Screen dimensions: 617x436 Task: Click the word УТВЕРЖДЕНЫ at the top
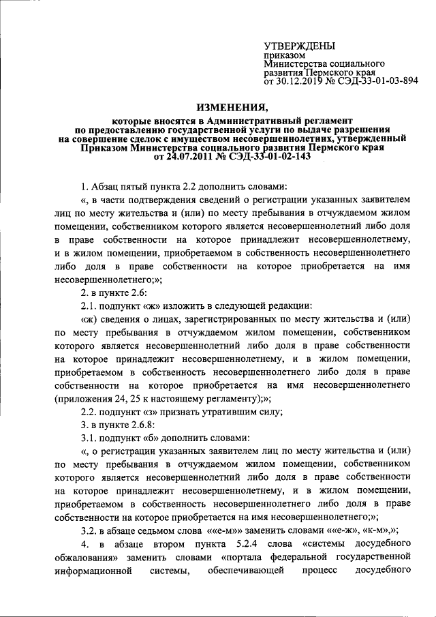coord(299,46)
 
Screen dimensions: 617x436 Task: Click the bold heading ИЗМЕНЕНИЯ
coord(232,107)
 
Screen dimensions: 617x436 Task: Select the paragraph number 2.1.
coord(89,307)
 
